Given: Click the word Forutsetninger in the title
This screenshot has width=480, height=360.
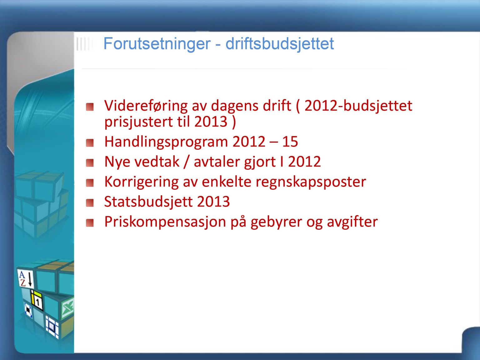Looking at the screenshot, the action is pos(157,44).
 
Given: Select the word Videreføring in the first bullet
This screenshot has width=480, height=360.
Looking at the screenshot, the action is pos(146,106).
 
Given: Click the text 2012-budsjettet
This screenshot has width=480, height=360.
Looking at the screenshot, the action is pos(358,106).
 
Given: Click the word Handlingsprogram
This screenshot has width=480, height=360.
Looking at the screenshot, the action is pos(166,142).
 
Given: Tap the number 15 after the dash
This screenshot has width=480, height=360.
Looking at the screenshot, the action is pos(290,142).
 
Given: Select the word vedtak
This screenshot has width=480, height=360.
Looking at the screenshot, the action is pos(157,162).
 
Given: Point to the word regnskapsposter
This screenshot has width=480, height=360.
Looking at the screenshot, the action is pos(311,182).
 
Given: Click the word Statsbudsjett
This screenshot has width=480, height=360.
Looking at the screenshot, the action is pos(148,202).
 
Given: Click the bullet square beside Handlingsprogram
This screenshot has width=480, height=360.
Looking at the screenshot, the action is pos(90,143).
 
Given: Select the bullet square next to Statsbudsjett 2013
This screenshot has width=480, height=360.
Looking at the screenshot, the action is pos(90,203).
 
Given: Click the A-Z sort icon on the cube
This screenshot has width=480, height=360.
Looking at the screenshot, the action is pos(26,278).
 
